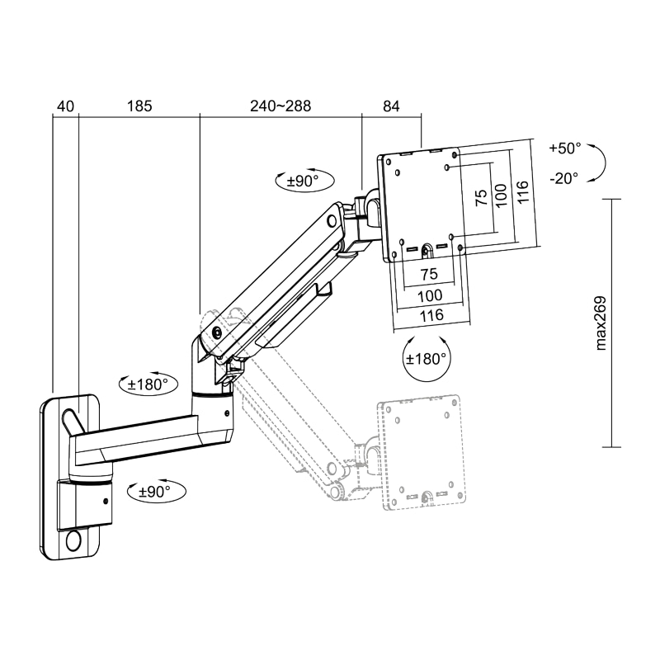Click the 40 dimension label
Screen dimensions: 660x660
coord(65,106)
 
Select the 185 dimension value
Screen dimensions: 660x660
coord(139,106)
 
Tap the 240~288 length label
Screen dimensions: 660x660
coord(280,106)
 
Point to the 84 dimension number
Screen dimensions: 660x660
coord(391,106)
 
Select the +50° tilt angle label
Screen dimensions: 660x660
coord(565,148)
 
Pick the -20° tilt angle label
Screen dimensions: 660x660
coord(565,177)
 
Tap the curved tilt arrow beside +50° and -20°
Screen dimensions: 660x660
coord(600,163)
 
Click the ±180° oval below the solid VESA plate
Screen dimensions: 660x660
coord(427,359)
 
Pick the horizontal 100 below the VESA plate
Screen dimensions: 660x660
coord(430,295)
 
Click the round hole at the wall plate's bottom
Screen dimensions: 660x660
coord(73,541)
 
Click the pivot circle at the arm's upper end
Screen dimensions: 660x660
coord(332,220)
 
